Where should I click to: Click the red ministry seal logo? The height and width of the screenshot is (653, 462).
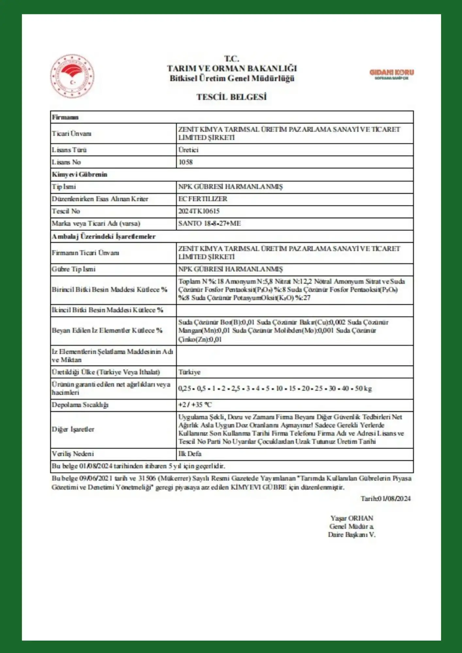tap(72, 76)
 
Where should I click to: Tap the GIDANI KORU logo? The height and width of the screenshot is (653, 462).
tap(391, 74)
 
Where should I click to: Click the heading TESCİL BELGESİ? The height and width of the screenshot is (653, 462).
tap(231, 97)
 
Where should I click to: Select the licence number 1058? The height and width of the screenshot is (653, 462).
tap(186, 162)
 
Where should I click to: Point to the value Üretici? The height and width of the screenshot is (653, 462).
tap(189, 150)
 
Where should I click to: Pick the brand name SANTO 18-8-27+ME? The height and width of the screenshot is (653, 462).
tap(209, 224)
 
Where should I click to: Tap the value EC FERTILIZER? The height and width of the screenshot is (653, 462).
tap(203, 199)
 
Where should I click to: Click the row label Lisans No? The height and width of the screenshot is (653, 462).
tap(66, 162)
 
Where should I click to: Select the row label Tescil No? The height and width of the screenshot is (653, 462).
tap(66, 211)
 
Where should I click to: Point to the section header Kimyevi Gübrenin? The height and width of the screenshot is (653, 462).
tap(79, 174)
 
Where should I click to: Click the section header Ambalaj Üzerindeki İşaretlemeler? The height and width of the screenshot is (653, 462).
tap(104, 236)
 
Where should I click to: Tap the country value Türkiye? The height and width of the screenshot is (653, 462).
tap(190, 372)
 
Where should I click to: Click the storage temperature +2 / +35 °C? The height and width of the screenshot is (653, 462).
tap(195, 405)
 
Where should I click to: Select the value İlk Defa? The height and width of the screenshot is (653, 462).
tap(190, 454)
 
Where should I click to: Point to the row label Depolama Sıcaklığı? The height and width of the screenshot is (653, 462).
tap(80, 405)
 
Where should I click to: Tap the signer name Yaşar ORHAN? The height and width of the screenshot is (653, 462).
tap(352, 518)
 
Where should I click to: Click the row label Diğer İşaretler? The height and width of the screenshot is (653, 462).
tap(73, 429)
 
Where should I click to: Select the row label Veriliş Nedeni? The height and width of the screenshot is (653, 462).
tap(73, 454)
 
